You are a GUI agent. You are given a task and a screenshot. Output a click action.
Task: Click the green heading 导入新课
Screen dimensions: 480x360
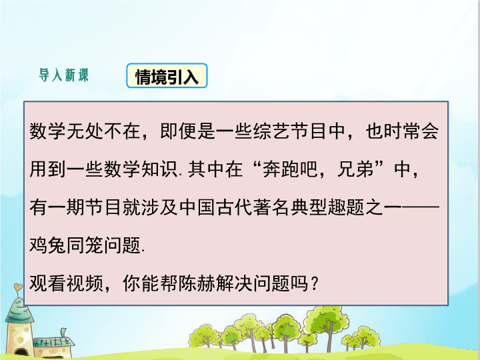(x=64, y=75)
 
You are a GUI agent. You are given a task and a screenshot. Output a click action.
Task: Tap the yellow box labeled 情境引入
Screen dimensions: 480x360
(x=167, y=75)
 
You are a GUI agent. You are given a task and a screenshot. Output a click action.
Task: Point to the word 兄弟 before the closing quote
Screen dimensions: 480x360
(x=355, y=169)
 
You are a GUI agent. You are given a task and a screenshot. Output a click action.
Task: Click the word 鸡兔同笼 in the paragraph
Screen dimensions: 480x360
(x=67, y=245)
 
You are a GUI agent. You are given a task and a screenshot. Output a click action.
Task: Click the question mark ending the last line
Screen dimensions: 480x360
(x=315, y=283)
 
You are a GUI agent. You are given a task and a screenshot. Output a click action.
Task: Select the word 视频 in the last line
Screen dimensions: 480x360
(x=85, y=283)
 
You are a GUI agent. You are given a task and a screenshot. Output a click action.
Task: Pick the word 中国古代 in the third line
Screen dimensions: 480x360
(x=216, y=207)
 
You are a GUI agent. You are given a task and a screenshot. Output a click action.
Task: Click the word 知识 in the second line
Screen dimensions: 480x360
(x=159, y=169)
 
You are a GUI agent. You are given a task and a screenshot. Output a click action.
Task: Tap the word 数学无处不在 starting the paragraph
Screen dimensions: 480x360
(x=85, y=131)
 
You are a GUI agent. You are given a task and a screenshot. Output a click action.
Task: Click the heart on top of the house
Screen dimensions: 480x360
(x=18, y=287)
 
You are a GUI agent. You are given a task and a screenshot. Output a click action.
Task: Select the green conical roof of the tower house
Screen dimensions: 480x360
(x=19, y=311)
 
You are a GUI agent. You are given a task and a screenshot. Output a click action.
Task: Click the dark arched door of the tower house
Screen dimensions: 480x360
(x=20, y=354)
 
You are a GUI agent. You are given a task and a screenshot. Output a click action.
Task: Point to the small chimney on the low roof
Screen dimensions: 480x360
(x=64, y=333)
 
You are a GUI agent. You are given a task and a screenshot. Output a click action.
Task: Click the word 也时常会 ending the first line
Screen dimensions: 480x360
(x=402, y=131)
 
